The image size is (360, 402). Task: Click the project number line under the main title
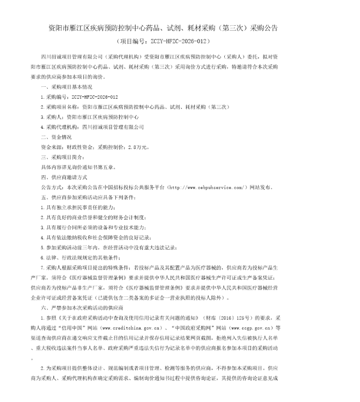[163, 40]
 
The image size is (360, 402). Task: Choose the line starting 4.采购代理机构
[92, 127]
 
